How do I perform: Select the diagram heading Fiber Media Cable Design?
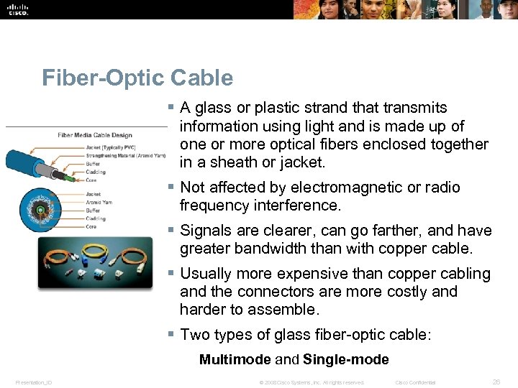click(95, 136)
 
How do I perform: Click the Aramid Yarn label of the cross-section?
click(99, 202)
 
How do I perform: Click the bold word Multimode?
click(235, 359)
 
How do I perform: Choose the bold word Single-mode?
click(346, 359)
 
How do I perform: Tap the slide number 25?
click(496, 382)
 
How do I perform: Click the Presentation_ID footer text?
click(33, 382)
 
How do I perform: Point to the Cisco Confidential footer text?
click(415, 382)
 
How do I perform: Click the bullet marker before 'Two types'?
click(171, 334)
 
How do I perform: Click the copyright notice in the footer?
click(312, 382)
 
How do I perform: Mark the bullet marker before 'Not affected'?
click(171, 187)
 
